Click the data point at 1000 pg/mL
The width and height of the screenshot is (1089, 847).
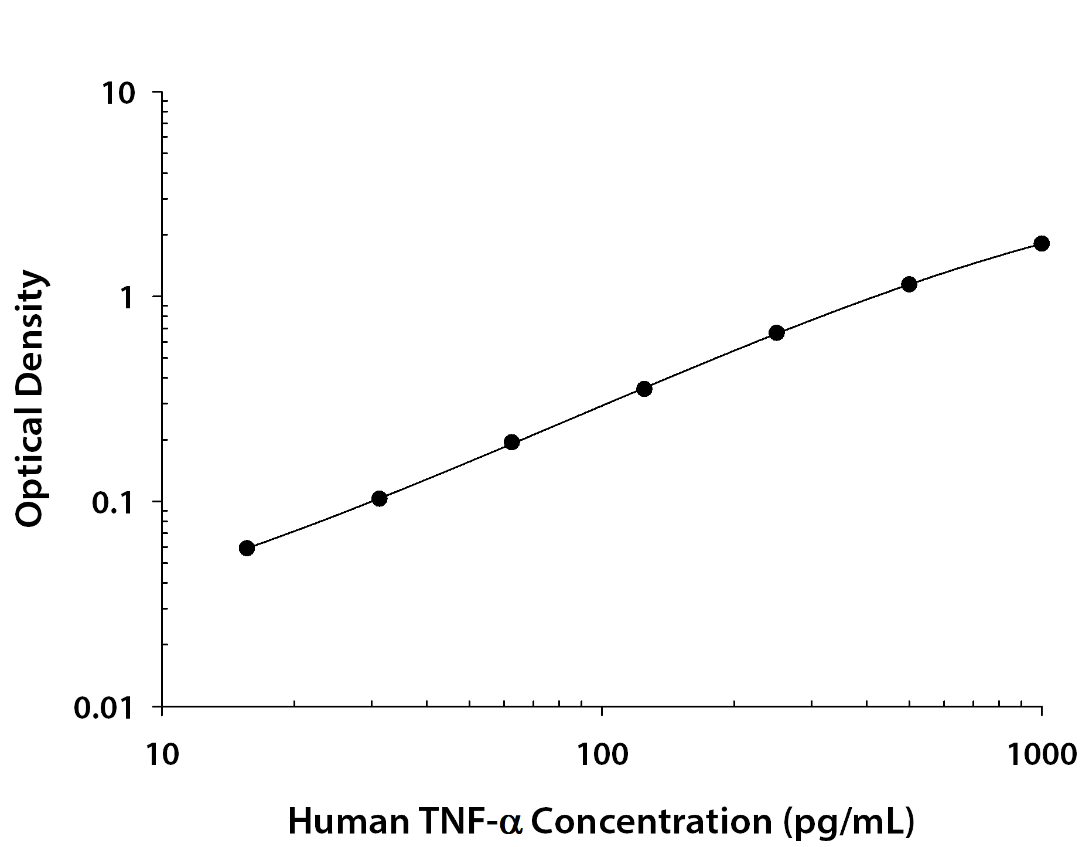click(1041, 243)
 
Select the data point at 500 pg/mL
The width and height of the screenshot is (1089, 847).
click(909, 284)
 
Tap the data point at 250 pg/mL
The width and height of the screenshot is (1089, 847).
click(776, 333)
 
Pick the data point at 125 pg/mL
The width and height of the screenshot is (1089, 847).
click(644, 389)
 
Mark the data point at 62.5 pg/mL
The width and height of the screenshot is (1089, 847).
click(511, 442)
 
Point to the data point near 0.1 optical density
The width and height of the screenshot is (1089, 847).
click(379, 499)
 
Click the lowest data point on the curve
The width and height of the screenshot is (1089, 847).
click(247, 548)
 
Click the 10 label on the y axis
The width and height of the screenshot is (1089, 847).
click(120, 94)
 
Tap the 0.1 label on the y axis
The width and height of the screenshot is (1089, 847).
click(114, 503)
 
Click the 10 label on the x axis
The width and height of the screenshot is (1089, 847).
click(161, 754)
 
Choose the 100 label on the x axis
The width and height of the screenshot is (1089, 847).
click(602, 754)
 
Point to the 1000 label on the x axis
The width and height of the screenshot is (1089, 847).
click(1041, 754)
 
